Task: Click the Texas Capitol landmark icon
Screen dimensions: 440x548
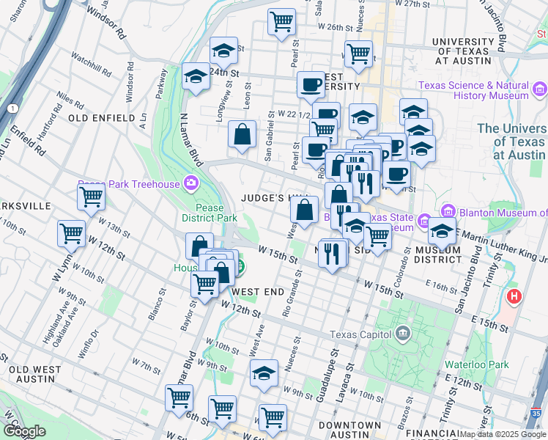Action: pos(402,335)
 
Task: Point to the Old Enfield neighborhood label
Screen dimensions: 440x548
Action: pos(102,117)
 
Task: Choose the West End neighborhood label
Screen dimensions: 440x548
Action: pos(257,292)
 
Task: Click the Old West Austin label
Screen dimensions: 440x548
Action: pos(32,374)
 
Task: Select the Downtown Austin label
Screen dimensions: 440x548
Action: pos(347,430)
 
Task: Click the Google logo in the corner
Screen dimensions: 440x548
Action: pos(24,431)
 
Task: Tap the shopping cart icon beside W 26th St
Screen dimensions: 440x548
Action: pos(281,21)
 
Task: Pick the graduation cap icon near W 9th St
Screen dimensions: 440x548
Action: pos(264,373)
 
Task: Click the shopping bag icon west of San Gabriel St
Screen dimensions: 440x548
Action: pos(242,134)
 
